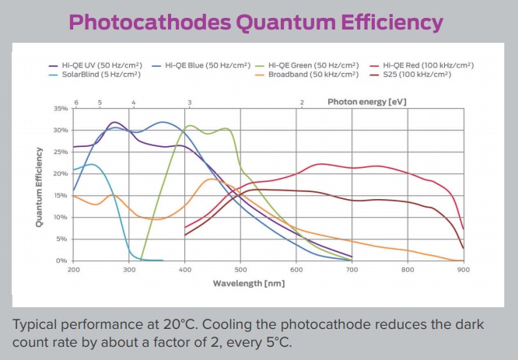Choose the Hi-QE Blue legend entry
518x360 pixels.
click(200, 65)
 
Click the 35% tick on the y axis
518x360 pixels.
click(61, 108)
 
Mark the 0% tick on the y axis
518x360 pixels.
click(63, 260)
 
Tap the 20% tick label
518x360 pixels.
click(61, 173)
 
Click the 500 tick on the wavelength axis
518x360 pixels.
click(240, 270)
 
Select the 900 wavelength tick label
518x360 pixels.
click(464, 270)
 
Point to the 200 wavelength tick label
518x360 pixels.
click(74, 270)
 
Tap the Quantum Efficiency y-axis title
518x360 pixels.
click(39, 184)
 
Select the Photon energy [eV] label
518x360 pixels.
click(366, 101)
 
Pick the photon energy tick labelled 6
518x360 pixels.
click(76, 102)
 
